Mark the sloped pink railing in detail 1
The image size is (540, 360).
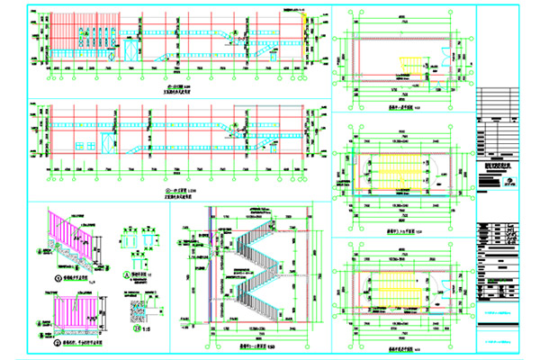point(63,236)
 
